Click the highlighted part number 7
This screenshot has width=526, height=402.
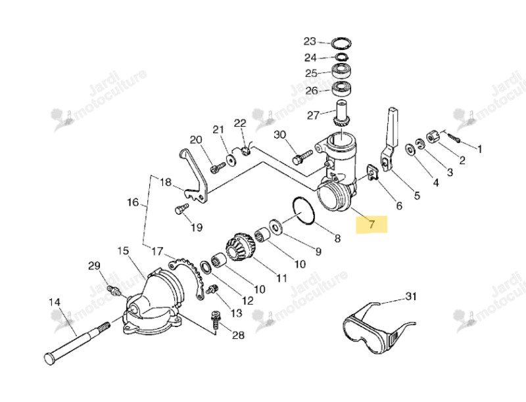click(x=371, y=224)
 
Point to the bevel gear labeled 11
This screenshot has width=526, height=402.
click(x=241, y=247)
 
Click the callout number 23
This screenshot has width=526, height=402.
click(x=310, y=41)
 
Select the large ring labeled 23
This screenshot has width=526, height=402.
click(x=341, y=43)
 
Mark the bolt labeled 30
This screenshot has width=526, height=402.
click(x=302, y=157)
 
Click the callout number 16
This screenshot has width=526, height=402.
click(x=133, y=202)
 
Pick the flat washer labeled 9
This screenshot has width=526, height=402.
click(x=276, y=227)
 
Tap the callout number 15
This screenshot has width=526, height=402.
click(x=123, y=250)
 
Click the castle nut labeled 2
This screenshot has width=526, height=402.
click(x=433, y=137)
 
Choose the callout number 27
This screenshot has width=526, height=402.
click(x=313, y=116)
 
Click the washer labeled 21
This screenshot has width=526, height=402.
click(x=231, y=160)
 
